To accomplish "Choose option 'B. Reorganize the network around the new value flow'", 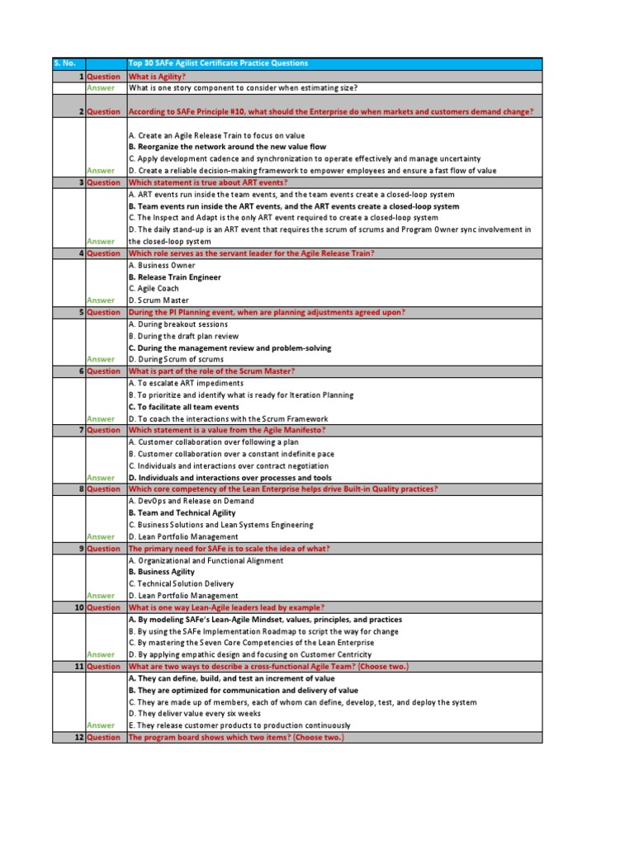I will [x=227, y=147].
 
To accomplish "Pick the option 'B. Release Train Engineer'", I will [x=175, y=277].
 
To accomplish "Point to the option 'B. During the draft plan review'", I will [x=183, y=336].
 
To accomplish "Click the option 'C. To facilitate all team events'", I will [x=184, y=407].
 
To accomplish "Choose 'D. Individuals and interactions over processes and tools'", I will [x=230, y=478].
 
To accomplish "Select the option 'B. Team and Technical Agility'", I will [x=182, y=512].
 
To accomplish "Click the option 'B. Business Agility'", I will [x=162, y=572].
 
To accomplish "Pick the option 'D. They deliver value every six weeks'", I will [x=196, y=713].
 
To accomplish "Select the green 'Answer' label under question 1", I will [x=102, y=87].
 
